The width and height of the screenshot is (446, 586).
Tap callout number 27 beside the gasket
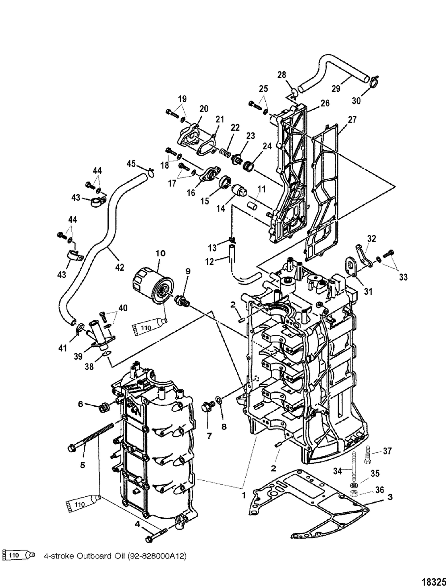click(352, 120)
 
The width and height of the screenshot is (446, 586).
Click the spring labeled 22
click(226, 153)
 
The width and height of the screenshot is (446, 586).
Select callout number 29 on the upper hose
click(336, 88)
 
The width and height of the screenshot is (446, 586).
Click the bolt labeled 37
click(368, 454)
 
